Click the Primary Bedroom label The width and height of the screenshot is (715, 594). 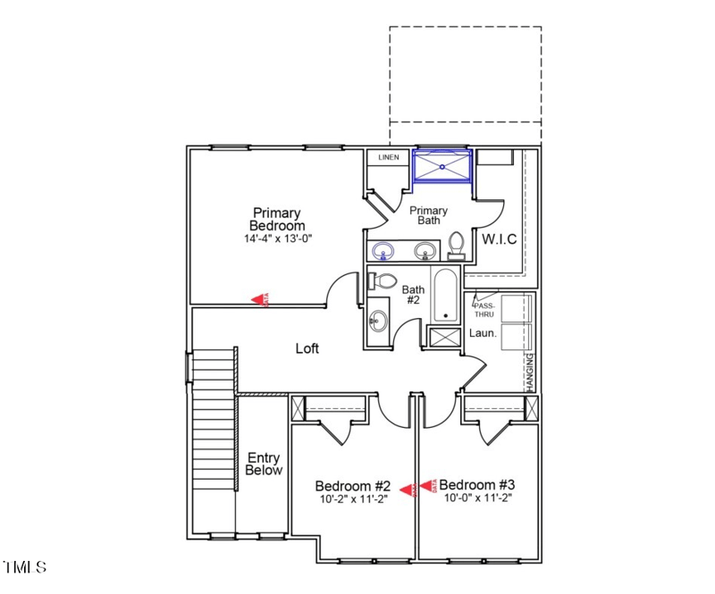[276, 219]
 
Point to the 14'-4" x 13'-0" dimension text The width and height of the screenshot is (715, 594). [277, 239]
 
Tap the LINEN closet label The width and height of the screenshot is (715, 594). [388, 158]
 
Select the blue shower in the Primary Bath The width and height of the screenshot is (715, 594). [442, 167]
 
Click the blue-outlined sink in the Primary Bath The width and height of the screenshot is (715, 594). [383, 250]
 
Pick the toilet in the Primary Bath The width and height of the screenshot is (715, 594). [457, 245]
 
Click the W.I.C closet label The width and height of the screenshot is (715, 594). [500, 239]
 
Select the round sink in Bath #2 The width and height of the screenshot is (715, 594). [379, 319]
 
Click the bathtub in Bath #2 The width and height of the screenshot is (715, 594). [445, 297]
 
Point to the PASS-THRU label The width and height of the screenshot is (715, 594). [483, 309]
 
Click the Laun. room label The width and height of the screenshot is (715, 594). [483, 333]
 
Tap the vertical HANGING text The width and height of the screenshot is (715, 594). [529, 370]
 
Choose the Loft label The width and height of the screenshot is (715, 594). [307, 348]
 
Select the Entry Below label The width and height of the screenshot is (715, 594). [264, 464]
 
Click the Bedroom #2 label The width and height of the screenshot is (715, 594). [353, 485]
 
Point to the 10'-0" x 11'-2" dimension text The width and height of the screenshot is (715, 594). [479, 498]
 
